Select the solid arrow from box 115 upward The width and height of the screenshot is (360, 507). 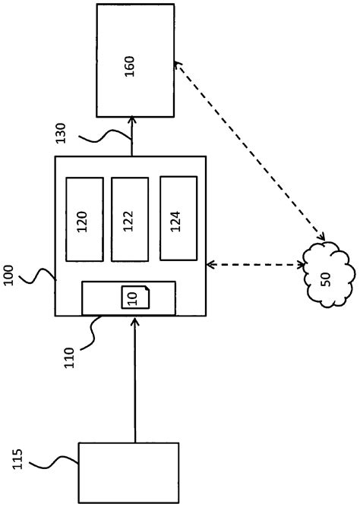134,379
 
